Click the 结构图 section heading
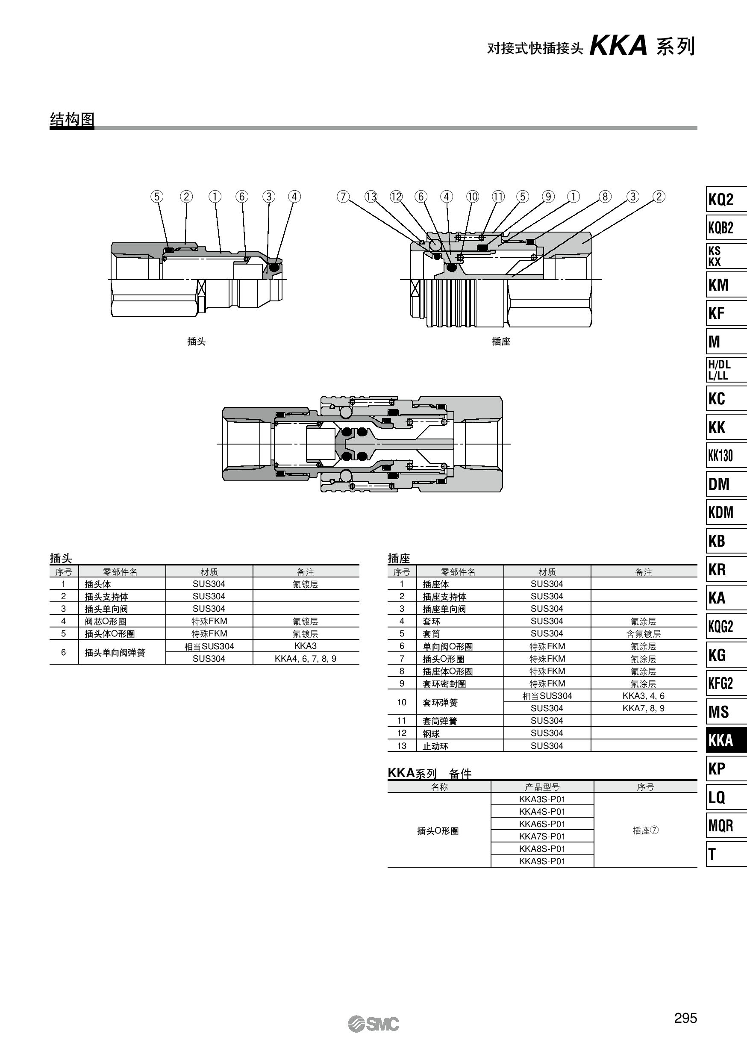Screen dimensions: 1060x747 72,120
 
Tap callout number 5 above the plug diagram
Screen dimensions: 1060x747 157,197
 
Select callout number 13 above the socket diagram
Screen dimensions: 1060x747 371,197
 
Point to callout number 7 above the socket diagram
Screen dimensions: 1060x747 343,197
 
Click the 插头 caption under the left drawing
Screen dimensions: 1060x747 196,341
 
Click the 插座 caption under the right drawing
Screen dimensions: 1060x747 501,341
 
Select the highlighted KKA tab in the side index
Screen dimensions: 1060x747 725,740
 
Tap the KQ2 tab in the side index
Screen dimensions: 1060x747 725,200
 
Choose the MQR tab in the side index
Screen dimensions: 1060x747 725,825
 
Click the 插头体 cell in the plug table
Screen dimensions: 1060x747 98,584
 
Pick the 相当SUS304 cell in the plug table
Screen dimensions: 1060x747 209,646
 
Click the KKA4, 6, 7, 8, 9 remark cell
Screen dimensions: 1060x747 305,659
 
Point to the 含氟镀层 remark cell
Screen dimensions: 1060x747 643,634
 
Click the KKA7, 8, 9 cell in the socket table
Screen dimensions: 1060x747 643,708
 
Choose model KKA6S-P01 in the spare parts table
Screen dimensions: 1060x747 542,824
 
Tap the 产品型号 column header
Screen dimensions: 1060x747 542,787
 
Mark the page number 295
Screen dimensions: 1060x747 685,1018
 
